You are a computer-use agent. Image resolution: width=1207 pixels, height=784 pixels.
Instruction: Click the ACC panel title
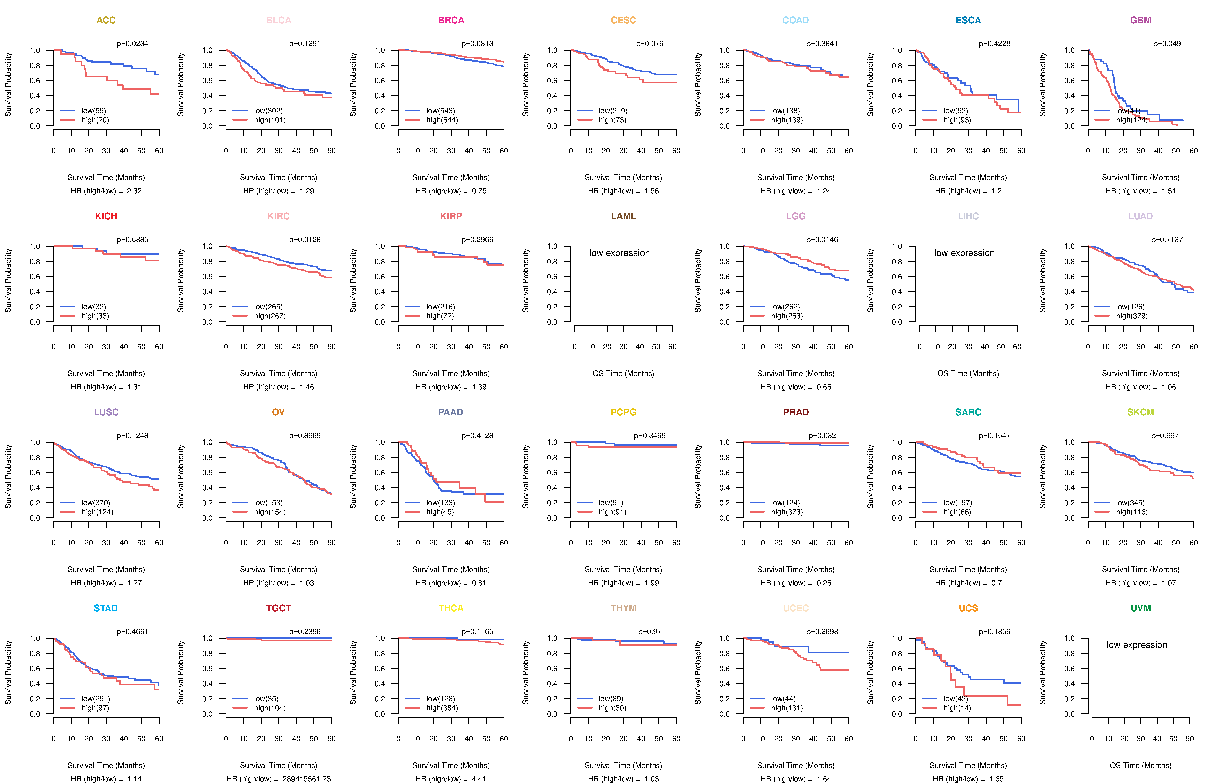[x=106, y=20]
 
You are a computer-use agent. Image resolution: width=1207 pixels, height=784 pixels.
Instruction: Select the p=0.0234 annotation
[x=132, y=44]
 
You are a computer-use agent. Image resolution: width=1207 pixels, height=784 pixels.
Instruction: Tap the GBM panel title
[x=1141, y=20]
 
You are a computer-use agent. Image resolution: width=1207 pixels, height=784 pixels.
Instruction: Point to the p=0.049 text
[x=1167, y=44]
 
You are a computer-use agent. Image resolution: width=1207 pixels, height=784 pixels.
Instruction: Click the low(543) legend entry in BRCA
[x=440, y=111]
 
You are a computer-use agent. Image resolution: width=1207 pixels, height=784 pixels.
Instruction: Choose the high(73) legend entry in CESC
[x=612, y=120]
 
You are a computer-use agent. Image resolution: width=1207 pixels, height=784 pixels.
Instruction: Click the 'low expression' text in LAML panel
[x=619, y=253]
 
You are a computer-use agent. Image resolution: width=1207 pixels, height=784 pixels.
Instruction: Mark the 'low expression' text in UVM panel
[x=1137, y=645]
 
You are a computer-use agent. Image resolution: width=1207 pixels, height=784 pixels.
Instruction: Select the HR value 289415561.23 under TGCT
[x=306, y=779]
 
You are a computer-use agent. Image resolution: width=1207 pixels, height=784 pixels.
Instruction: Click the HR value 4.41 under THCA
[x=479, y=779]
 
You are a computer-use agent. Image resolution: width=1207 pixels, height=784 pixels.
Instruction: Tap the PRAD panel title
[x=796, y=412]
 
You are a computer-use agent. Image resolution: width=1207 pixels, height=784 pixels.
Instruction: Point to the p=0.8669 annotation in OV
[x=305, y=435]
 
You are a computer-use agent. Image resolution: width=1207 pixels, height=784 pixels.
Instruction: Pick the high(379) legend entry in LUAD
[x=1131, y=316]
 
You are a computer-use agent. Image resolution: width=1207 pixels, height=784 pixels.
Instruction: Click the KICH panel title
[x=106, y=216]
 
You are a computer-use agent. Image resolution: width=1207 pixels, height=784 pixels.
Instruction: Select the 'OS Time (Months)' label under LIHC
[x=968, y=374]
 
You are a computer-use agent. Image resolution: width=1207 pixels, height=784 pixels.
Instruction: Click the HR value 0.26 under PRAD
[x=824, y=583]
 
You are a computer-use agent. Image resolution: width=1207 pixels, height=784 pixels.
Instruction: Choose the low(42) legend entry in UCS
[x=956, y=698]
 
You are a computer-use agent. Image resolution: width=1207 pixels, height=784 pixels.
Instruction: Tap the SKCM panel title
[x=1141, y=412]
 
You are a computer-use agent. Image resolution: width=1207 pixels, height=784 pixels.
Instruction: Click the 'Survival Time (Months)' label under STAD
[x=106, y=765]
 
